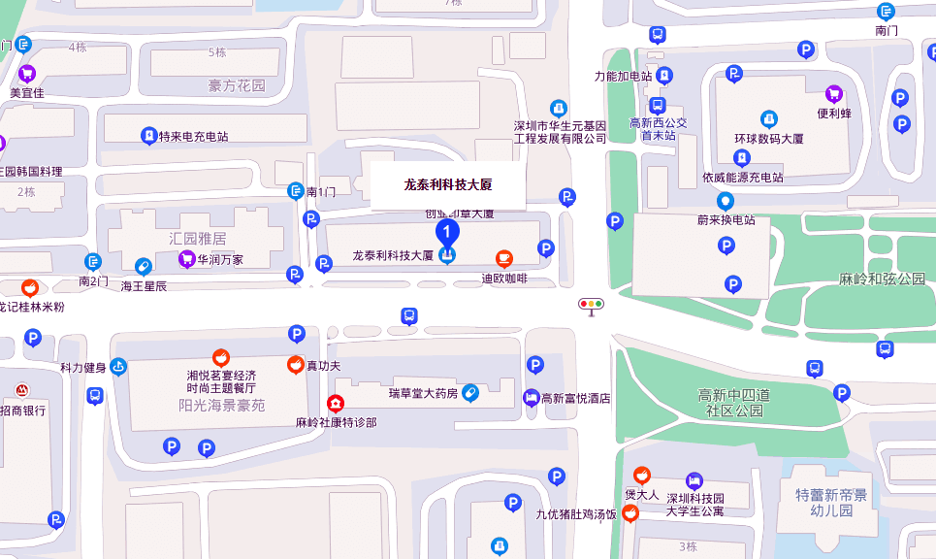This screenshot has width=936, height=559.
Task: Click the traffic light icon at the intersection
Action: tap(591, 304)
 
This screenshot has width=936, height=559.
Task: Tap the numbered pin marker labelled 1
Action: tap(447, 234)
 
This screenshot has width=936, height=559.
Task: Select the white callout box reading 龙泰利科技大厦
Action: tap(448, 184)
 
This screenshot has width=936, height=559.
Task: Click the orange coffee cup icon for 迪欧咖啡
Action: tap(504, 258)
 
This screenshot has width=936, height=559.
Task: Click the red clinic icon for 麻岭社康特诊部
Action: tap(336, 404)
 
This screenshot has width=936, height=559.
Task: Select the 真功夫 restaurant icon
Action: tap(295, 365)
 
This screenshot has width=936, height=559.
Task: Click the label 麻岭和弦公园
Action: tap(882, 279)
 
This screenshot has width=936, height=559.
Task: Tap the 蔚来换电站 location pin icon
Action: tap(725, 201)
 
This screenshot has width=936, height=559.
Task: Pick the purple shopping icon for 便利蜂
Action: tap(833, 93)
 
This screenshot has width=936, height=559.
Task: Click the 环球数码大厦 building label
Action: tap(769, 139)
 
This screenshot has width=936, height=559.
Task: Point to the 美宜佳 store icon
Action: tap(27, 73)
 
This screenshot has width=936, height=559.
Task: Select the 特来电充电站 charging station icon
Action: tap(148, 136)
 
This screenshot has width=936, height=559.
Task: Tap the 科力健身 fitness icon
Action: tap(118, 367)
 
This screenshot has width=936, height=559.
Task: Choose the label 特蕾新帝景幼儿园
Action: tap(831, 502)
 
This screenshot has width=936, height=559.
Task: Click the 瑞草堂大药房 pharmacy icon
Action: tap(470, 392)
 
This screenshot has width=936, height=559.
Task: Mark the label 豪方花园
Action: tap(237, 86)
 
